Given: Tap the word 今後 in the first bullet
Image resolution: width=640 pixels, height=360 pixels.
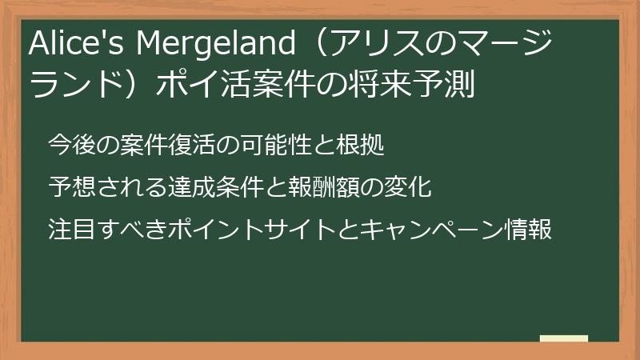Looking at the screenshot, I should [70, 146].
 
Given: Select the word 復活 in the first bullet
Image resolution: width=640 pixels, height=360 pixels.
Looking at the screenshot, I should [197, 146].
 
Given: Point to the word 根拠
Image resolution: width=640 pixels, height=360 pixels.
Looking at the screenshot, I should [366, 146].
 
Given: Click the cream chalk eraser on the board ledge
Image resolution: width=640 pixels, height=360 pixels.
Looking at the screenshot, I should [563, 339].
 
